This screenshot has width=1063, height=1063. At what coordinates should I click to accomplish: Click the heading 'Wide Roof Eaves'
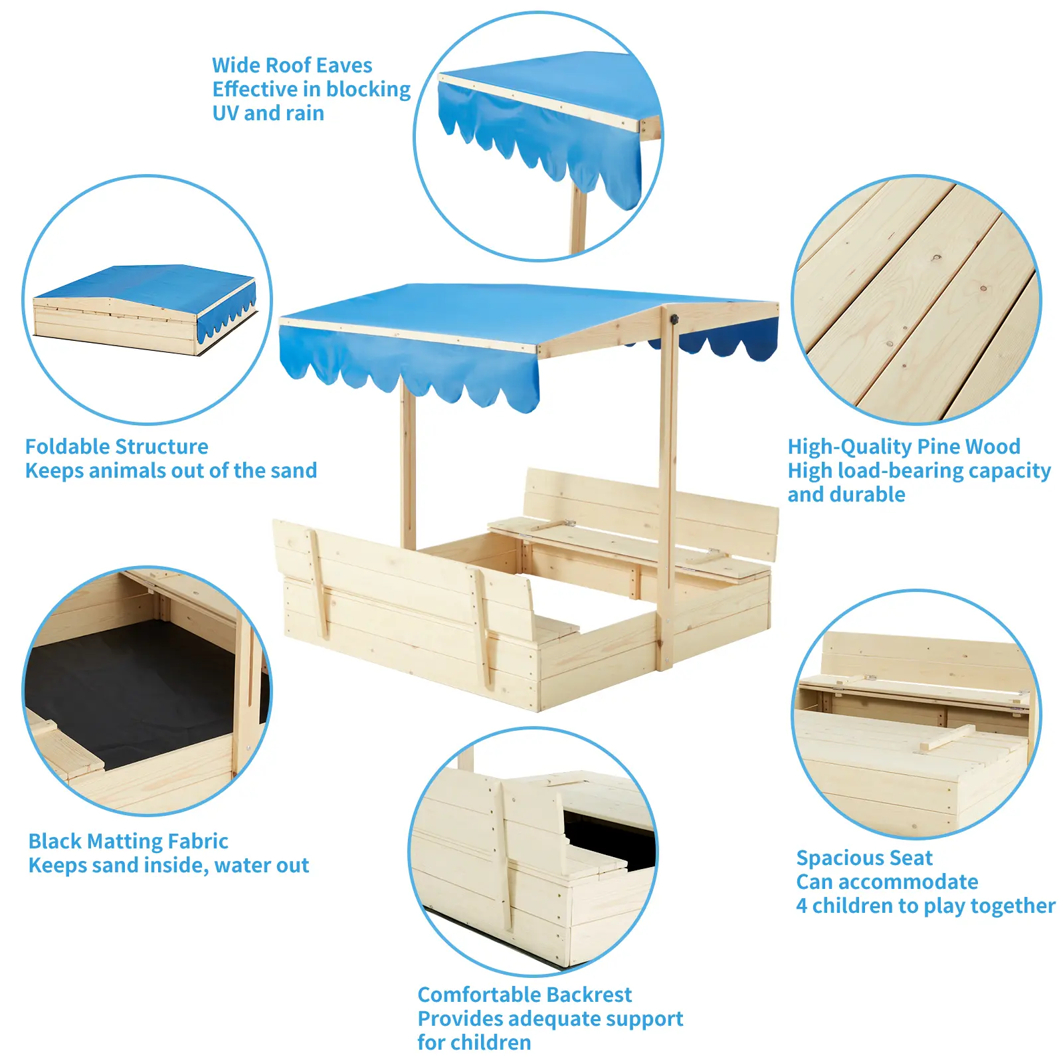point(292,65)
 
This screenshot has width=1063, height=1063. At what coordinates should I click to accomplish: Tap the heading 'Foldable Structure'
point(116,446)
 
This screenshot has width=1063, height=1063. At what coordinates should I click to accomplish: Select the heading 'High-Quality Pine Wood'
point(904,446)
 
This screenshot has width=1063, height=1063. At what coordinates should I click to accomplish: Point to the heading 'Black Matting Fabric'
point(128,841)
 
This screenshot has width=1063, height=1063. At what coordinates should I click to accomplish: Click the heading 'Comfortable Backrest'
point(524,995)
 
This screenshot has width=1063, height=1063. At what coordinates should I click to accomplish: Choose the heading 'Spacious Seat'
point(864,858)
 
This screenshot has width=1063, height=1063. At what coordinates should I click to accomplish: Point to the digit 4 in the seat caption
point(802,906)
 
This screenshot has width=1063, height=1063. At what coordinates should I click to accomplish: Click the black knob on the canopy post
point(674,320)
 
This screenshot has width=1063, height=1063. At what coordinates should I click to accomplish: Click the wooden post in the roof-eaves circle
point(578,219)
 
